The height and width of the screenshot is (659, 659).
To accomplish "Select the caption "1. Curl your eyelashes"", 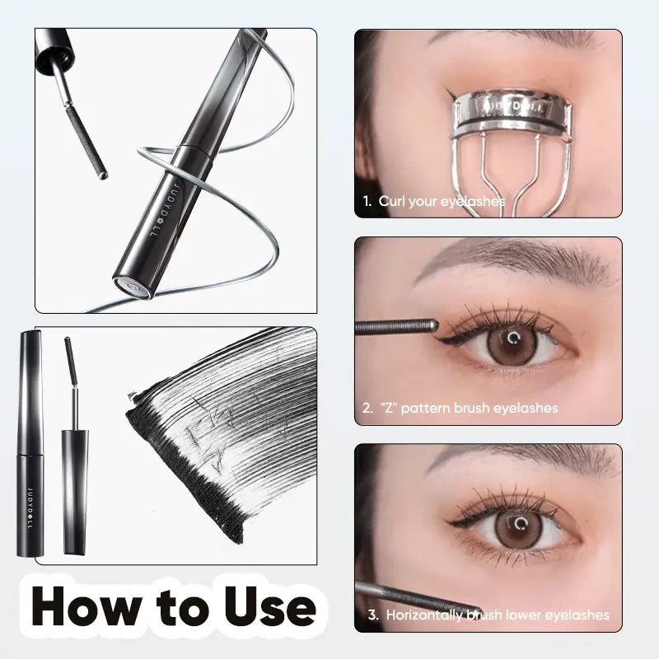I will coord(433,200).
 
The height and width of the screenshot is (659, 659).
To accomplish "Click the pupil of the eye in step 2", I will coord(514,339).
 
